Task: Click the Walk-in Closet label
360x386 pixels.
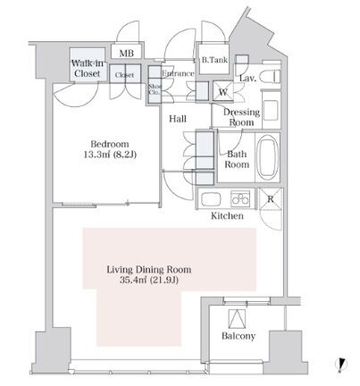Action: tap(88, 68)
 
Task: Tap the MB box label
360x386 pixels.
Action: tap(127, 54)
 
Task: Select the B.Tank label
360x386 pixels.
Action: tap(214, 60)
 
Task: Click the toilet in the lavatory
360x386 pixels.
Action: tap(270, 77)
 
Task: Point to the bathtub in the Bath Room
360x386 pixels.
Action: tap(267, 157)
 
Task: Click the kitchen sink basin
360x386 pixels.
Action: tap(211, 199)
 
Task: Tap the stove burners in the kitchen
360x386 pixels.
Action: tap(240, 198)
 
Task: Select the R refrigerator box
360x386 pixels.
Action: tap(271, 198)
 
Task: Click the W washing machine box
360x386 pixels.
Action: tap(223, 92)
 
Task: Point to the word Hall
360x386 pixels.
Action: tap(178, 119)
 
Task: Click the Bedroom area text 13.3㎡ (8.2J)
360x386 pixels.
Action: tap(110, 155)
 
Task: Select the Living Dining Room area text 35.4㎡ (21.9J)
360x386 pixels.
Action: tap(148, 280)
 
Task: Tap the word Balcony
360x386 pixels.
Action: tap(239, 336)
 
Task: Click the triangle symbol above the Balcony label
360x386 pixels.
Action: tap(237, 319)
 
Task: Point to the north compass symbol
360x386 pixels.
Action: tap(341, 364)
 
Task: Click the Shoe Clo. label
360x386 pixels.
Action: tap(155, 89)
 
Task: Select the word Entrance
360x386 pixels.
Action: tap(178, 73)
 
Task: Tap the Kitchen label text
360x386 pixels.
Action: tap(227, 215)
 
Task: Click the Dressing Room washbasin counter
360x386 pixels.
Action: tap(271, 110)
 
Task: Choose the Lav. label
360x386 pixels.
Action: tap(248, 79)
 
